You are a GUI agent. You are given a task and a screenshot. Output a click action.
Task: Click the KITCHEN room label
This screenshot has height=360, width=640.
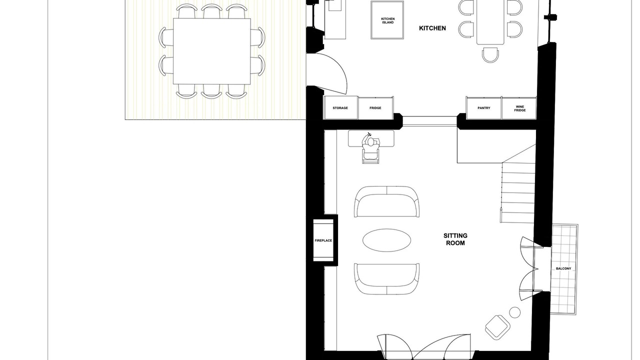[x=432, y=28]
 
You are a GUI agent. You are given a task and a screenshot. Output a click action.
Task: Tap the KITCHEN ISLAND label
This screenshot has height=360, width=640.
[x=387, y=20]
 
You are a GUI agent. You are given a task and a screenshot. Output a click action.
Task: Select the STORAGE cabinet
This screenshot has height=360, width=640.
[x=340, y=107]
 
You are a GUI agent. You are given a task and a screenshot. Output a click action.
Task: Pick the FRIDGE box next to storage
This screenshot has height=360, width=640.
[x=375, y=107]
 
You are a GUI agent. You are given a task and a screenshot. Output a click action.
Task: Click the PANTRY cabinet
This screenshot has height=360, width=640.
[x=483, y=107]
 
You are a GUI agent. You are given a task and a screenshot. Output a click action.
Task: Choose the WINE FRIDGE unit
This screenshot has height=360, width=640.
[x=519, y=108]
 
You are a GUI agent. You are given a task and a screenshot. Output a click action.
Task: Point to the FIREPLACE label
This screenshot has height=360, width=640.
[x=323, y=240]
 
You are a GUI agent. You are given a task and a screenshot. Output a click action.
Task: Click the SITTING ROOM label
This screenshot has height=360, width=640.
[x=455, y=239]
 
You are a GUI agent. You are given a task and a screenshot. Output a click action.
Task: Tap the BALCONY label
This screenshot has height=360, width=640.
[x=563, y=268]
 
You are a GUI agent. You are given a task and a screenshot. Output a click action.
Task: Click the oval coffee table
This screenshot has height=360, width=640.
[x=387, y=240]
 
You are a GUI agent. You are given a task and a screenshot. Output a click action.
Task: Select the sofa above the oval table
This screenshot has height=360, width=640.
[x=387, y=201]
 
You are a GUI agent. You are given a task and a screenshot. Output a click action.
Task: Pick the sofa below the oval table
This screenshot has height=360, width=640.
[x=387, y=278]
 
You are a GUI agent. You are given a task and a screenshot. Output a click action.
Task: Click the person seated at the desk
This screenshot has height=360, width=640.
[x=370, y=148]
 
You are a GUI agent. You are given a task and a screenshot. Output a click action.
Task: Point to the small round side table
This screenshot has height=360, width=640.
[x=515, y=312]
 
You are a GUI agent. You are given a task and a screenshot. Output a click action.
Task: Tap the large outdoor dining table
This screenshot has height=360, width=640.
[x=211, y=51]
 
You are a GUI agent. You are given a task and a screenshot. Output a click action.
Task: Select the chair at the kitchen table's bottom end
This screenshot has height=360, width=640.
[x=490, y=55]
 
